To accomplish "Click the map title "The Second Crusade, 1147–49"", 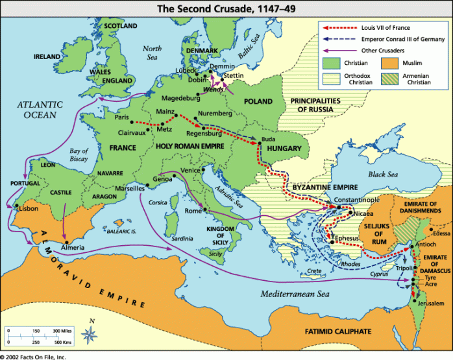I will [226, 7].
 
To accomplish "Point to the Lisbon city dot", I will [18, 208].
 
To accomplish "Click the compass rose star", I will [92, 335].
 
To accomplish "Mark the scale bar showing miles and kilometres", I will [40, 335].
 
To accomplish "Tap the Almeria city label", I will [72, 248].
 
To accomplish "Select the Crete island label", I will [314, 270].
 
